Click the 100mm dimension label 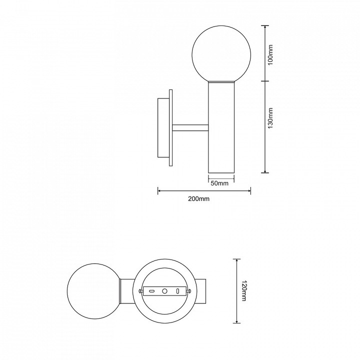270,54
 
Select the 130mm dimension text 270,118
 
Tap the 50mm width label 219,183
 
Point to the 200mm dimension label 199,199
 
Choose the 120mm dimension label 243,290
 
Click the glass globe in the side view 221,54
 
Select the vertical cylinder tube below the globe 221,127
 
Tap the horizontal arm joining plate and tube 190,128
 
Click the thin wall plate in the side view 170,127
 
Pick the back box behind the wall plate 163,127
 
